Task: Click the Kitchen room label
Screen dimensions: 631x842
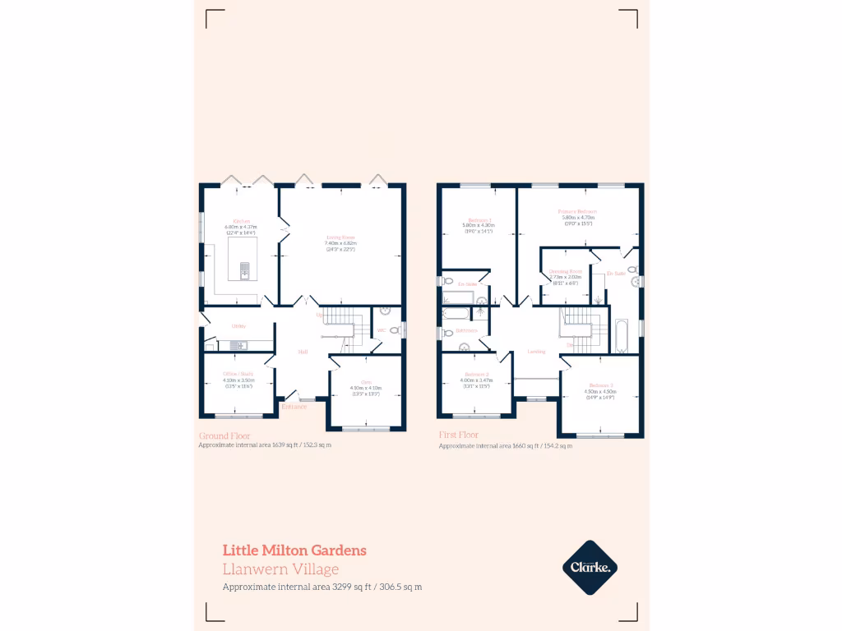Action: click(242, 221)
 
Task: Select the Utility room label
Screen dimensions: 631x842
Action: click(239, 326)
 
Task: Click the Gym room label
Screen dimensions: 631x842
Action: click(366, 382)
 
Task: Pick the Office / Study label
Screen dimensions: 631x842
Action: click(238, 374)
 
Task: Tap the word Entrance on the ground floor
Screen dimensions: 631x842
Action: click(294, 406)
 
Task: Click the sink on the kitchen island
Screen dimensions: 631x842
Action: click(244, 268)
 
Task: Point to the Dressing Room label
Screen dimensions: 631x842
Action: click(566, 271)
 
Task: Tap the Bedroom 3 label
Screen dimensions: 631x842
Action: click(600, 385)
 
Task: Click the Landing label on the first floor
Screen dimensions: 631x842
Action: click(536, 352)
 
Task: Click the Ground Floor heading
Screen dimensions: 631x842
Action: click(224, 435)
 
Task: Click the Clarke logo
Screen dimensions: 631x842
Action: click(590, 567)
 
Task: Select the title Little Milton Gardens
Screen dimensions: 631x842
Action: click(294, 550)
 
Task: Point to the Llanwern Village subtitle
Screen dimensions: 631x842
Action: click(280, 569)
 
